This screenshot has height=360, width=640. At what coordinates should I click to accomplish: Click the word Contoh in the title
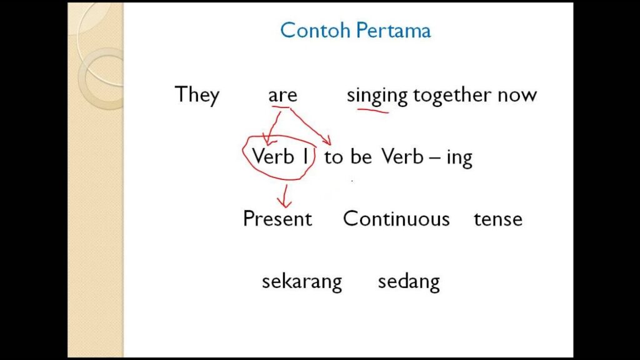[x=315, y=30]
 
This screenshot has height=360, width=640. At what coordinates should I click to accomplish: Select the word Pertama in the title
[x=393, y=30]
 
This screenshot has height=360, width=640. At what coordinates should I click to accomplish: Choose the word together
[x=452, y=96]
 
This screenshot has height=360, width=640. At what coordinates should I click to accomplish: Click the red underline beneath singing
[x=372, y=110]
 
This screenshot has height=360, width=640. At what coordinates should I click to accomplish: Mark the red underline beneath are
[x=281, y=107]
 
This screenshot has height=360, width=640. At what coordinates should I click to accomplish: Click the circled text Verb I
[x=280, y=156]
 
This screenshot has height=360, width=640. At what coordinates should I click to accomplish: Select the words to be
[x=347, y=157]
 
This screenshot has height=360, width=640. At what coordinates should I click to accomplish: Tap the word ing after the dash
[x=459, y=158]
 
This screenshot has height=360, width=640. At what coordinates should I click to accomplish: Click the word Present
[x=277, y=218]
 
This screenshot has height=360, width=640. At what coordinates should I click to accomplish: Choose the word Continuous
[x=396, y=218]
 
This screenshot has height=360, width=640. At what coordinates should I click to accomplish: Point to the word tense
[x=498, y=219]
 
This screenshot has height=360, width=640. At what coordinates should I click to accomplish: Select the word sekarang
[x=302, y=282]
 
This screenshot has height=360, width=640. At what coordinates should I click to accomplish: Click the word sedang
[x=409, y=282]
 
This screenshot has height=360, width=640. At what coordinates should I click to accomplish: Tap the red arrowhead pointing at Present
[x=284, y=203]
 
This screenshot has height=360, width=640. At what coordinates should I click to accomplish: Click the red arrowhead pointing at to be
[x=327, y=141]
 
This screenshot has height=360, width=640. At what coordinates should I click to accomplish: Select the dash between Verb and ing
[x=435, y=158]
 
